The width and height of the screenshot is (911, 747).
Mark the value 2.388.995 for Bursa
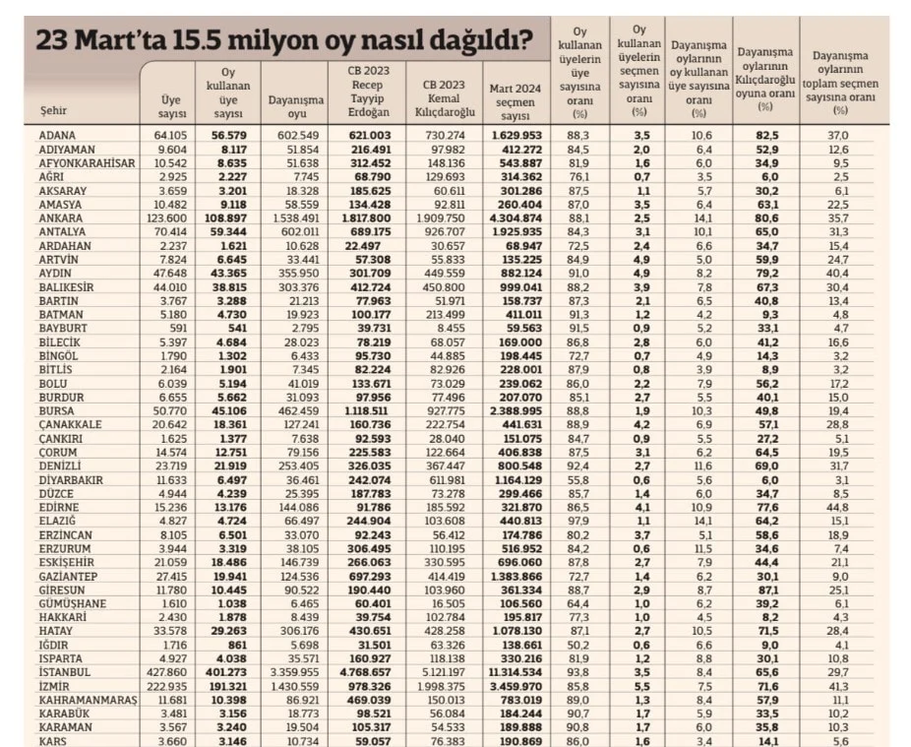click(511, 409)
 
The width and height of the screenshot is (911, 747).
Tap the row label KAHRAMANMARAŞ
click(84, 698)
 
